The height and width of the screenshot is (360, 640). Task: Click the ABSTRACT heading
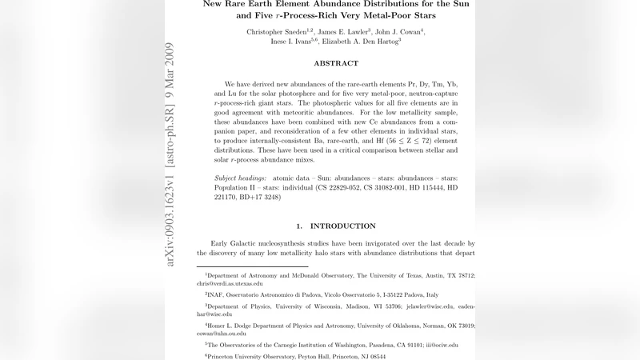[x=336, y=63]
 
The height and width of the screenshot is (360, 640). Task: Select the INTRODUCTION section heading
[x=342, y=226]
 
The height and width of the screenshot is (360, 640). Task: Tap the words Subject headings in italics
[x=242, y=178]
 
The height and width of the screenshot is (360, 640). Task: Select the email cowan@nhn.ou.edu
[x=228, y=334]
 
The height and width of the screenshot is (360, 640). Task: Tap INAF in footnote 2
[x=217, y=294]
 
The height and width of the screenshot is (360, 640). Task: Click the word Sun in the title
[x=458, y=3]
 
